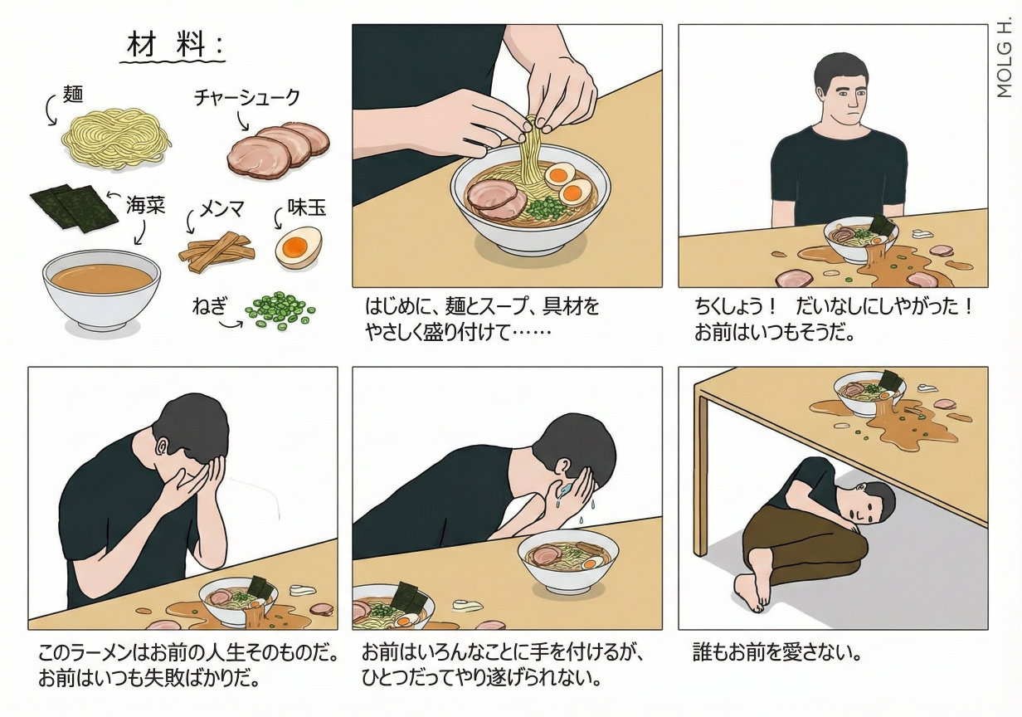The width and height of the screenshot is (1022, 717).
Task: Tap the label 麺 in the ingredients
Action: (72, 94)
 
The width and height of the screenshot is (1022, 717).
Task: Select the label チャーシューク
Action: (247, 98)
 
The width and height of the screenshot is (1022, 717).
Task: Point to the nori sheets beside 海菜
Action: (75, 207)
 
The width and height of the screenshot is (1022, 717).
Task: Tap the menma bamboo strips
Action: (217, 252)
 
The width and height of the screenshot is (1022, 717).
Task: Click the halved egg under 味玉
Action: (299, 248)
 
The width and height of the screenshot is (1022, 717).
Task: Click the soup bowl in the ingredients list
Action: (101, 290)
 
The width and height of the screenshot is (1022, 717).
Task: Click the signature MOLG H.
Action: (1005, 57)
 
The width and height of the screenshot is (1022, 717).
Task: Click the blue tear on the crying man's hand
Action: (565, 490)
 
